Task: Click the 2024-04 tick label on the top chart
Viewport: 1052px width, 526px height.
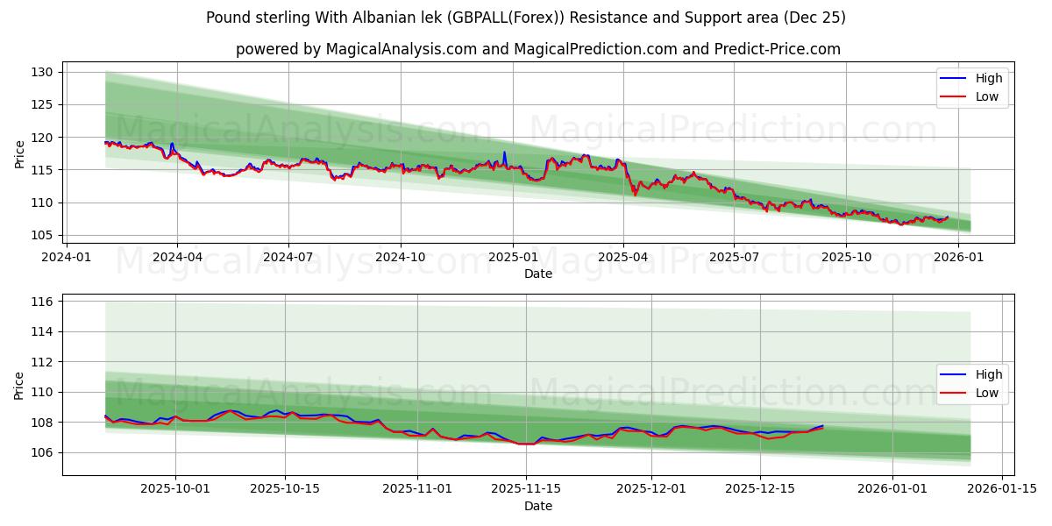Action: (x=177, y=257)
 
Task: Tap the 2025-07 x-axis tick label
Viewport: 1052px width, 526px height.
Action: (x=734, y=257)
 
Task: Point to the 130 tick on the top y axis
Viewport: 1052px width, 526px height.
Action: (x=45, y=72)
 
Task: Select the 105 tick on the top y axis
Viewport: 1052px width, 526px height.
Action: (x=45, y=235)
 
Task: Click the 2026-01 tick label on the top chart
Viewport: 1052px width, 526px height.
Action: (x=957, y=257)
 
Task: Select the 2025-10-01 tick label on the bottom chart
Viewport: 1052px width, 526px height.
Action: (x=175, y=489)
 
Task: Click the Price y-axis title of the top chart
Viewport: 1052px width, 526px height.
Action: (x=20, y=153)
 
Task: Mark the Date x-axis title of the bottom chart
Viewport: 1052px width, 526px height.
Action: (x=538, y=506)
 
